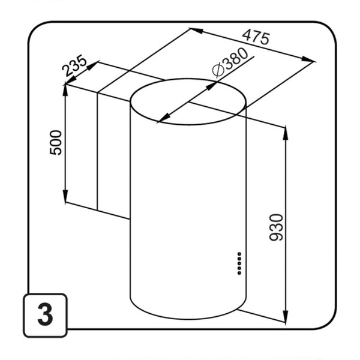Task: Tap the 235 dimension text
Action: [x=74, y=65]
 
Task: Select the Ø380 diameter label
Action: [x=230, y=62]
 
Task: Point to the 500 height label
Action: [x=56, y=143]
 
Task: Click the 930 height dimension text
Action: [x=276, y=227]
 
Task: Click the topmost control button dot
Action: [x=239, y=254]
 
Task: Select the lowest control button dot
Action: [x=239, y=273]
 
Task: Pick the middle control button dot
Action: [x=239, y=263]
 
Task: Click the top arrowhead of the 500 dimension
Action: [x=65, y=91]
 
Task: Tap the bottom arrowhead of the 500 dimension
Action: [x=65, y=197]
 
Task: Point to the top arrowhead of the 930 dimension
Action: [x=286, y=133]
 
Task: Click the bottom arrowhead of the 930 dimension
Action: [x=286, y=317]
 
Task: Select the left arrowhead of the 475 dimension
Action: [x=197, y=31]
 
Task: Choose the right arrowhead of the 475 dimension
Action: [x=308, y=59]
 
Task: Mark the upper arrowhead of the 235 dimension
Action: [x=93, y=66]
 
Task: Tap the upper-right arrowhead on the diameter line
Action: [x=212, y=86]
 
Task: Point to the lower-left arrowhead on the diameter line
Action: [x=164, y=118]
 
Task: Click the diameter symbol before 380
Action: [x=218, y=70]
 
